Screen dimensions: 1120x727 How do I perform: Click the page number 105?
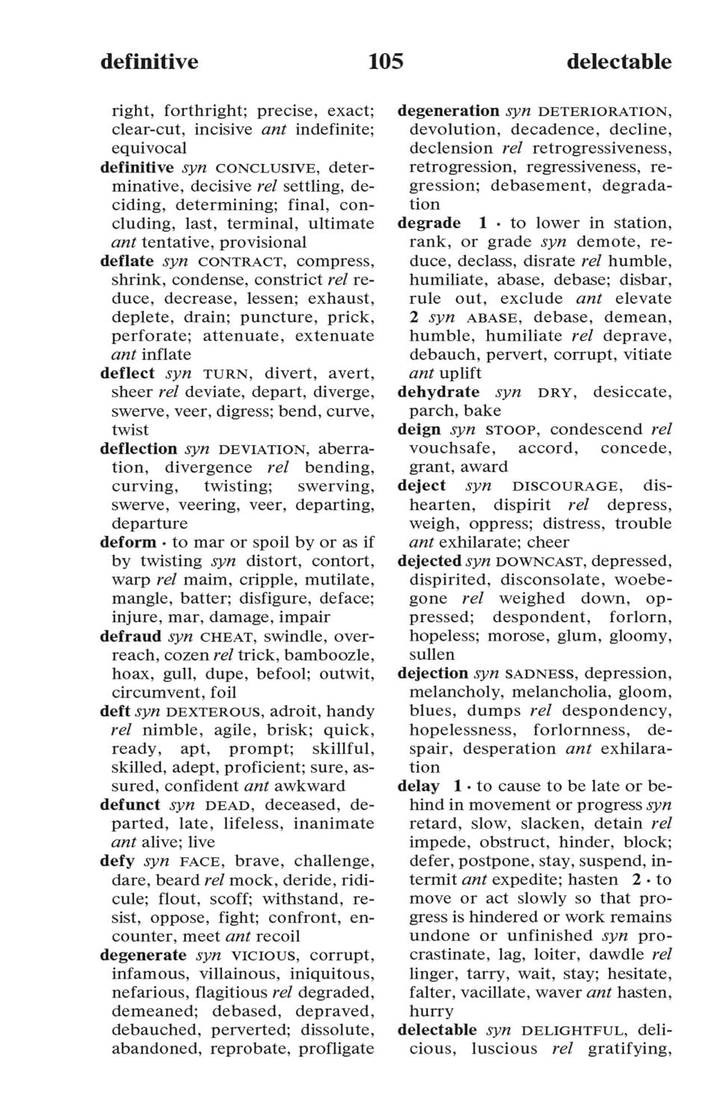pos(386,61)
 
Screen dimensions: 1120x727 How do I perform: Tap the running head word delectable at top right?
pos(619,61)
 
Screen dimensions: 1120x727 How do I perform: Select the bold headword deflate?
pos(127,261)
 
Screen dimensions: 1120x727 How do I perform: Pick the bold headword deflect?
pos(128,373)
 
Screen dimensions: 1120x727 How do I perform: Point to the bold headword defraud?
pos(131,636)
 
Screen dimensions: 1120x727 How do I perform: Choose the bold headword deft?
pos(115,711)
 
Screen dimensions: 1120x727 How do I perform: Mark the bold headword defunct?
pos(130,805)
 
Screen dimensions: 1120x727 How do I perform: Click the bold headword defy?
pos(117,862)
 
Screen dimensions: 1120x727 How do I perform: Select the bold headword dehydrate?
pos(439,392)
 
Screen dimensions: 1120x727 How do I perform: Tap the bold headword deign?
pos(419,429)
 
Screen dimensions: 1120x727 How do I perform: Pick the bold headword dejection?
pos(433,673)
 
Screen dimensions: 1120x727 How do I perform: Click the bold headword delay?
pos(418,786)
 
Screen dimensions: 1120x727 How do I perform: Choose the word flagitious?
pos(231,992)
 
